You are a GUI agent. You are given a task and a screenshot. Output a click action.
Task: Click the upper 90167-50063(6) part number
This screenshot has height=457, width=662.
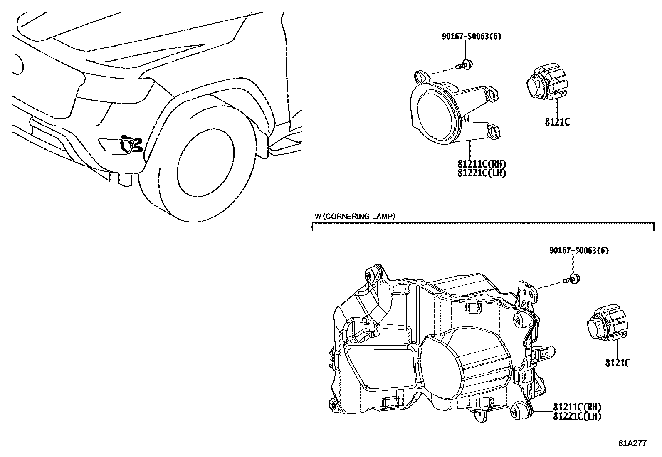[x=471, y=36]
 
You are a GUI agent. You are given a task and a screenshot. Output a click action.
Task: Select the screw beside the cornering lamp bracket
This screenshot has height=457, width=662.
[x=573, y=279]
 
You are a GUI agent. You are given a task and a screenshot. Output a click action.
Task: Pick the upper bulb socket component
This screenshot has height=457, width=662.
[x=544, y=85]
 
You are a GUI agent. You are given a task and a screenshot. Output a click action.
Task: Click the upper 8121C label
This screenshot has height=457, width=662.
[x=557, y=122]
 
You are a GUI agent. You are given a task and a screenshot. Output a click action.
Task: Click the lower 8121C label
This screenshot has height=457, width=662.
[x=618, y=363]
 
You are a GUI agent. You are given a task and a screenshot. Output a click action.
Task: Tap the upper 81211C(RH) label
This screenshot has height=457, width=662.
[x=482, y=165]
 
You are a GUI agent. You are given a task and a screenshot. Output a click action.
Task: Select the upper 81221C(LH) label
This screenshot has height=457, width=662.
[x=482, y=173]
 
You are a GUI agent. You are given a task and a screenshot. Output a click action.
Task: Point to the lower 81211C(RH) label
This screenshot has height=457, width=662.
[x=577, y=407]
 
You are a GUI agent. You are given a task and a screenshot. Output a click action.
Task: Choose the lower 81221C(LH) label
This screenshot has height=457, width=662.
[x=577, y=416]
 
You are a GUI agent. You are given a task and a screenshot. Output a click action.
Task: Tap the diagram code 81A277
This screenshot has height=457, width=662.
[x=633, y=443]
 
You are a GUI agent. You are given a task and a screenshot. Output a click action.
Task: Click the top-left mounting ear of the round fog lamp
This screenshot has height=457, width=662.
[x=421, y=77]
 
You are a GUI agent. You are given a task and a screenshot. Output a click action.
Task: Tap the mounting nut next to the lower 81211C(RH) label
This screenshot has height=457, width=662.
[x=518, y=412]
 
